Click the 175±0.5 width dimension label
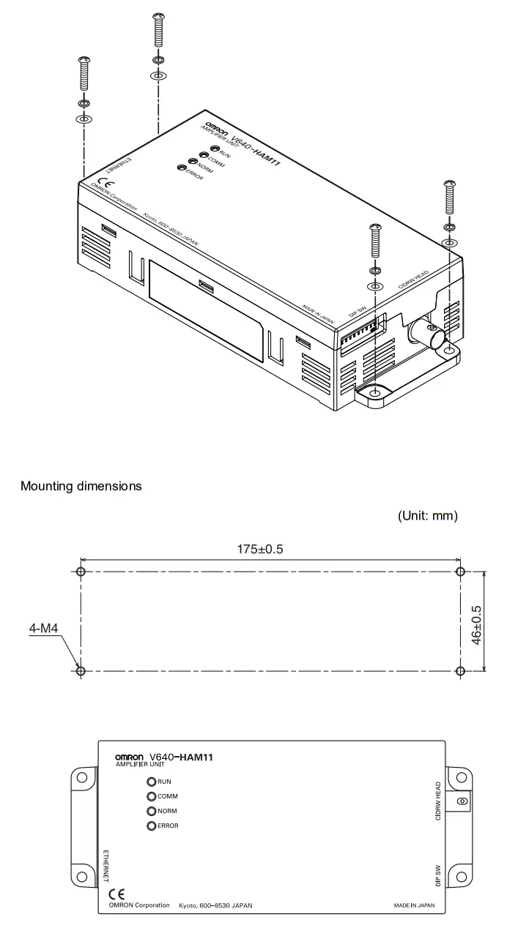[259, 550]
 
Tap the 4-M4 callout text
[43, 628]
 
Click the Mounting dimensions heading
[81, 486]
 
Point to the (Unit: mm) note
[427, 516]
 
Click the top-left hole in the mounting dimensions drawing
[81, 572]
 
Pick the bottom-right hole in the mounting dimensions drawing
[459, 671]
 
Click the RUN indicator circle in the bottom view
[152, 782]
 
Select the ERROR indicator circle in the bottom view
[152, 826]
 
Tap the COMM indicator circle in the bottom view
[152, 796]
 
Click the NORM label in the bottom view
[167, 811]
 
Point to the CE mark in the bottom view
[116, 894]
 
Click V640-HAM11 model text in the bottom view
[181, 757]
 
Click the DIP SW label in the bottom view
[437, 875]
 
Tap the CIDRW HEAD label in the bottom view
[437, 801]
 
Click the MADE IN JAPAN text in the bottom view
[414, 905]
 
